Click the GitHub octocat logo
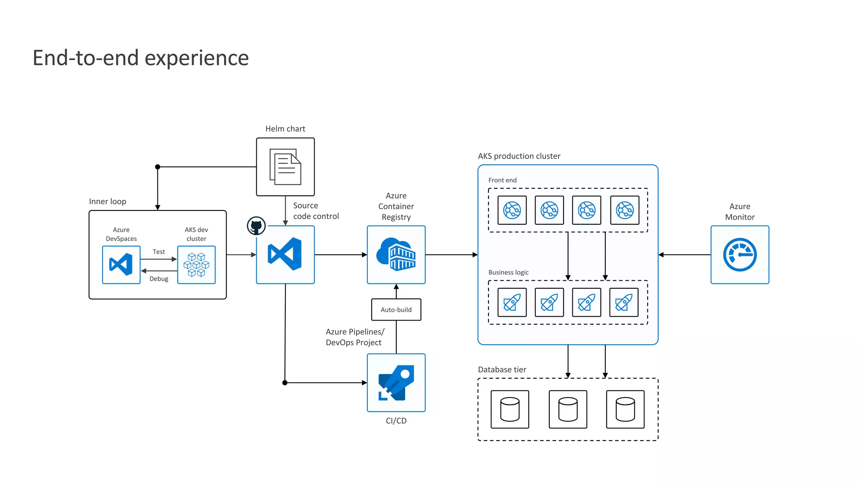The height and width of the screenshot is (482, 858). tap(256, 226)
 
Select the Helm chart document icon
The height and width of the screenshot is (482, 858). tap(285, 167)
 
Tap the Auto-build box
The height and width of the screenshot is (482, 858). tap(396, 310)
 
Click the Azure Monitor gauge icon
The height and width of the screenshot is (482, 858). tap(739, 255)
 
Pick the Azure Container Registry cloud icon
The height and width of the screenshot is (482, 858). tap(396, 254)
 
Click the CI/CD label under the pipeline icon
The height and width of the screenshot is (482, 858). tap(396, 420)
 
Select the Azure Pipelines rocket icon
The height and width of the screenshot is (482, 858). tap(396, 383)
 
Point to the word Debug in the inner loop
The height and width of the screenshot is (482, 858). tap(159, 279)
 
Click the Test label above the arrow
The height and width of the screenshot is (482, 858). tap(159, 251)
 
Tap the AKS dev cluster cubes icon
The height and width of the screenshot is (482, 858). tap(196, 265)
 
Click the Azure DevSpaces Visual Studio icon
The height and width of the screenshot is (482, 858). tap(121, 265)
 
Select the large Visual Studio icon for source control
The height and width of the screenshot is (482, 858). tap(285, 254)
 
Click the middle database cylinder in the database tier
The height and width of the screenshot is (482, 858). tap(568, 409)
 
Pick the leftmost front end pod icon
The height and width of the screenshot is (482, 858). tap(512, 210)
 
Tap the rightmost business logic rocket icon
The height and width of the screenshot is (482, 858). tap(624, 302)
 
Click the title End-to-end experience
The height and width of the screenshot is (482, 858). tap(141, 58)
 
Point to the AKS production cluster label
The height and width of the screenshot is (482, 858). tap(519, 156)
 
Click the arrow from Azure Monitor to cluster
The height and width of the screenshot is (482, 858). tap(684, 255)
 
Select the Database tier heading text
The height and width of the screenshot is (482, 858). tap(502, 369)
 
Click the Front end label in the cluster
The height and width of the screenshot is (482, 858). tap(502, 180)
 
